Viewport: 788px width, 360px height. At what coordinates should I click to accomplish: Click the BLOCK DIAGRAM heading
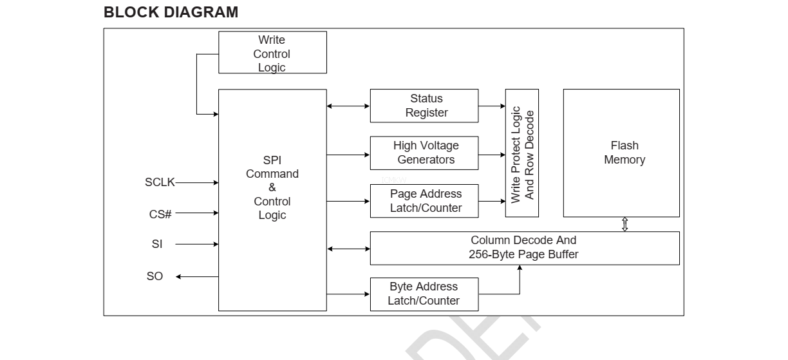tap(171, 12)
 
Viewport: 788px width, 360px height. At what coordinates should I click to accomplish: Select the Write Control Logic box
tap(272, 53)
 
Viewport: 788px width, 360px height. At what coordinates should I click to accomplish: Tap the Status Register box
tap(424, 106)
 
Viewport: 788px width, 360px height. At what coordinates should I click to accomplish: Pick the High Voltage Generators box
tap(424, 153)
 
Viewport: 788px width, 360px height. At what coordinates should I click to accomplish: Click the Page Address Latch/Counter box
tap(424, 201)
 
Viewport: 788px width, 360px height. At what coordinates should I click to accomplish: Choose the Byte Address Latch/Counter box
tap(424, 294)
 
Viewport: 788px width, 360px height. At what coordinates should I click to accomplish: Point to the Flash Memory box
tap(621, 153)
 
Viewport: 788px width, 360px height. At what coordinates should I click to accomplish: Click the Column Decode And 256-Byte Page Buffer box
tap(524, 248)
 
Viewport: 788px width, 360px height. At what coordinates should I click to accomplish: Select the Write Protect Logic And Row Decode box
tap(522, 153)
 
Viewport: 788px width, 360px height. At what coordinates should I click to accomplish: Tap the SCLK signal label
tap(160, 182)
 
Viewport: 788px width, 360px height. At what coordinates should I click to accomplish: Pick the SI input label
tap(157, 244)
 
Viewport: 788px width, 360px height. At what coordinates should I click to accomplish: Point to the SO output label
tap(155, 276)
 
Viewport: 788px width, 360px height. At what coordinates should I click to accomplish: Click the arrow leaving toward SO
tap(197, 277)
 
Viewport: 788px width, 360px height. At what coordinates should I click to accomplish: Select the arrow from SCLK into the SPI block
tap(197, 183)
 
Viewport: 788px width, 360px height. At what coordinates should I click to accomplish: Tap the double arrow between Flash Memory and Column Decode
tap(624, 224)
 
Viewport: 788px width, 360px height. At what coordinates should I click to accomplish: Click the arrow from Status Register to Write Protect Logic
tap(492, 106)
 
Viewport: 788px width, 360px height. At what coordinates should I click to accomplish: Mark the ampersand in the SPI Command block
tap(272, 187)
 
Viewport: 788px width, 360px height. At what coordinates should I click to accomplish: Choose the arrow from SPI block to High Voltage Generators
tap(348, 155)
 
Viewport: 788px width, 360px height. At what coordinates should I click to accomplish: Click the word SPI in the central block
tap(272, 160)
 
